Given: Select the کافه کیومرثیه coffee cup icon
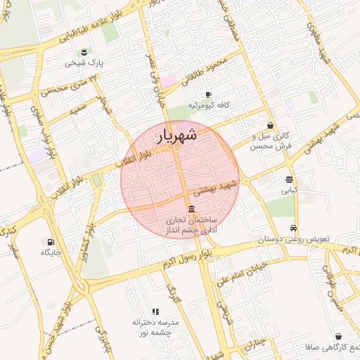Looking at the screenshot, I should point(208,94).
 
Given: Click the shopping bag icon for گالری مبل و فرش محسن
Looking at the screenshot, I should point(270,125).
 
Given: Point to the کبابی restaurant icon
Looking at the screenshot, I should point(289,179).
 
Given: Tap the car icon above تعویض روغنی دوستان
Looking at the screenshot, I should point(292,229).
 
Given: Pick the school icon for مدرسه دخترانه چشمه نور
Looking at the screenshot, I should point(155,311).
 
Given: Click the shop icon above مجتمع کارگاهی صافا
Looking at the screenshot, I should point(340,337).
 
